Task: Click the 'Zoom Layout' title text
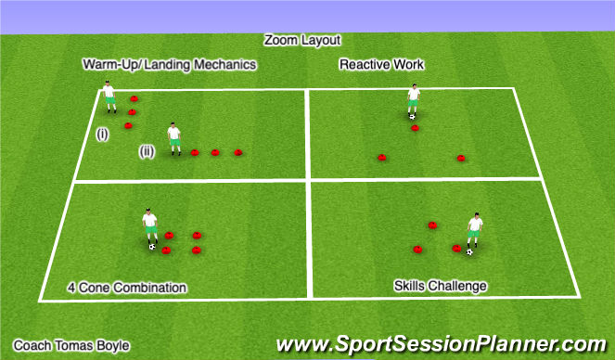tap(302, 41)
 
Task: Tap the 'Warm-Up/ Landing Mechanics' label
tap(169, 65)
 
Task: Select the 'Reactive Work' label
tap(381, 65)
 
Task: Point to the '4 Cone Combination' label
tap(127, 288)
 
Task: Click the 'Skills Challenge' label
tap(440, 286)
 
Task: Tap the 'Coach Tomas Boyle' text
tap(71, 345)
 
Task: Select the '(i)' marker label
tap(102, 135)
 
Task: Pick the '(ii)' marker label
tap(147, 151)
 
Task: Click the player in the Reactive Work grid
tap(413, 100)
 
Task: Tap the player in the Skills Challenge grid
tap(475, 232)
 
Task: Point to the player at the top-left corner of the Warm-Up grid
tap(109, 96)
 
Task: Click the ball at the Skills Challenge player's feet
tap(470, 251)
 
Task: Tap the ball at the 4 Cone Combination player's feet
tap(152, 247)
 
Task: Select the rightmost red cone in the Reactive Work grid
tap(460, 158)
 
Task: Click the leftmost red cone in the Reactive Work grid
tap(381, 157)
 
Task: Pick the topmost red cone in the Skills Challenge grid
tap(431, 225)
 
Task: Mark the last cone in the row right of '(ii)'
tap(238, 152)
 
